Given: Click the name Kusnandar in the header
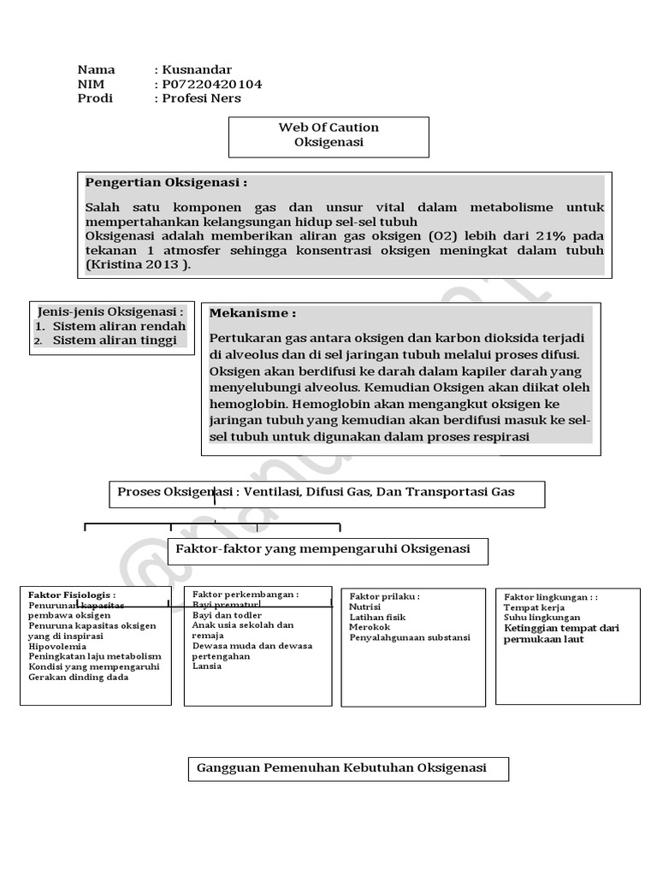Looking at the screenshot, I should tap(196, 70).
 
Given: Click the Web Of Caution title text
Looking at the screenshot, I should tap(328, 127).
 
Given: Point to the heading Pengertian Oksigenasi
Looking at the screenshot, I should tap(166, 182).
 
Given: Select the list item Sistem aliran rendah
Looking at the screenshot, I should tap(118, 326).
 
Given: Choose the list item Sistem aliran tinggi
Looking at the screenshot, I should tap(114, 340).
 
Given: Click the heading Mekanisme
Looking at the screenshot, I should tap(253, 313).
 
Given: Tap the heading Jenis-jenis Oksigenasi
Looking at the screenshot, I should tap(110, 311).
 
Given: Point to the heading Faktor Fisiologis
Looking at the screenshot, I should tap(72, 595).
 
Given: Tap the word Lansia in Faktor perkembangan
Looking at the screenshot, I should tap(207, 666).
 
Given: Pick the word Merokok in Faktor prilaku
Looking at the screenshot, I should tap(370, 627).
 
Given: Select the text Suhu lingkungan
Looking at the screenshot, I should tap(542, 617).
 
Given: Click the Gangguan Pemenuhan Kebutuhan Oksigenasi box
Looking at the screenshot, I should tap(342, 767).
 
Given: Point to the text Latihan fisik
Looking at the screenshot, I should tap(377, 617).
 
